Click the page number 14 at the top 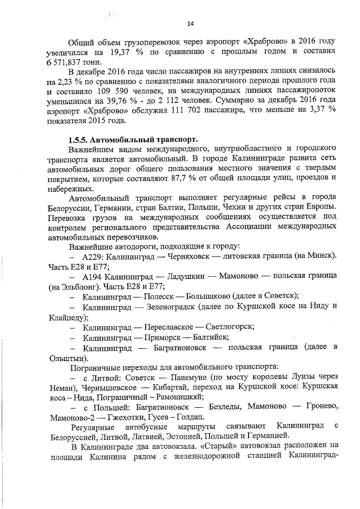click(x=190, y=24)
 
